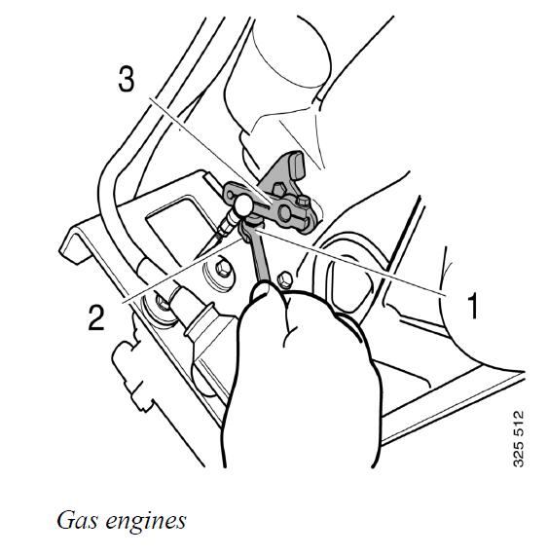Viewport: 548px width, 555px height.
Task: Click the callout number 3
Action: click(127, 80)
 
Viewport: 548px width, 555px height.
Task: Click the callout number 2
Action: click(96, 317)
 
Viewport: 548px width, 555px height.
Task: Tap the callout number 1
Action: click(473, 305)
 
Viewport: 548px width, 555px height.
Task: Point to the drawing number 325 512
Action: click(518, 439)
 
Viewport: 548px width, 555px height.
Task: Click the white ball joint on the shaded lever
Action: click(243, 204)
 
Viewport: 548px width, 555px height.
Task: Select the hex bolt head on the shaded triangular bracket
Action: click(280, 189)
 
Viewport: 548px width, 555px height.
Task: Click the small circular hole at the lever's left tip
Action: click(231, 195)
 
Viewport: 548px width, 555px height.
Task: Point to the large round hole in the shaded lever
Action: click(285, 213)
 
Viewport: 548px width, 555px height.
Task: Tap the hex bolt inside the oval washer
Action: click(223, 269)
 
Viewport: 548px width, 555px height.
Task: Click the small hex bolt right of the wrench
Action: click(285, 280)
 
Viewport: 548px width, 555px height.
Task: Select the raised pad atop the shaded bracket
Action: click(297, 165)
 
